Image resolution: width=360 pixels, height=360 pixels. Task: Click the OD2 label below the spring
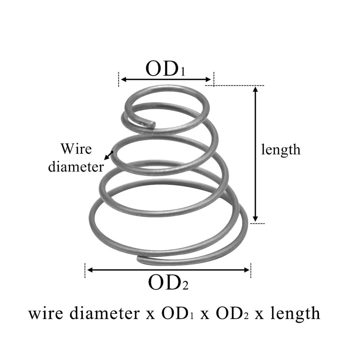tap(168, 283)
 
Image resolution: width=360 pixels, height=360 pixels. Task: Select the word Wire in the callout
tap(76, 148)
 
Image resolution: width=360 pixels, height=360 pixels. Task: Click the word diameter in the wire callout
tap(76, 166)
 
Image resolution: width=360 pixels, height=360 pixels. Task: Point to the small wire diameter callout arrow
tap(108, 156)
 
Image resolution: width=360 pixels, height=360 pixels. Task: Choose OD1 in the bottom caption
tap(177, 313)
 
